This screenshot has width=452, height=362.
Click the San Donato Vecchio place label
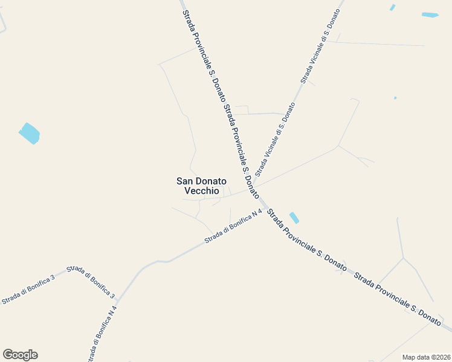(x=201, y=185)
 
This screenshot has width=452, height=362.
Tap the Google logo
(x=20, y=355)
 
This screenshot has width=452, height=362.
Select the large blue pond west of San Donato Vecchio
(x=29, y=133)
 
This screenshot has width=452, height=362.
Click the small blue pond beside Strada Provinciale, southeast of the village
(x=294, y=218)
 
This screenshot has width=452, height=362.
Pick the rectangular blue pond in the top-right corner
(x=430, y=14)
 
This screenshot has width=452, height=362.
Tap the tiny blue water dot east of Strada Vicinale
(x=395, y=98)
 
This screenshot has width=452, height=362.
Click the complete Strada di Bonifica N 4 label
(x=233, y=226)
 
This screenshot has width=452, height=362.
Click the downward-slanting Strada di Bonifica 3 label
(x=91, y=282)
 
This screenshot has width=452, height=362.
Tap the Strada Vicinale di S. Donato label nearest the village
(x=275, y=137)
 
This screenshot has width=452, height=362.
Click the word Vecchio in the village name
(x=201, y=191)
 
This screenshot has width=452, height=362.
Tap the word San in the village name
(x=184, y=180)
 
